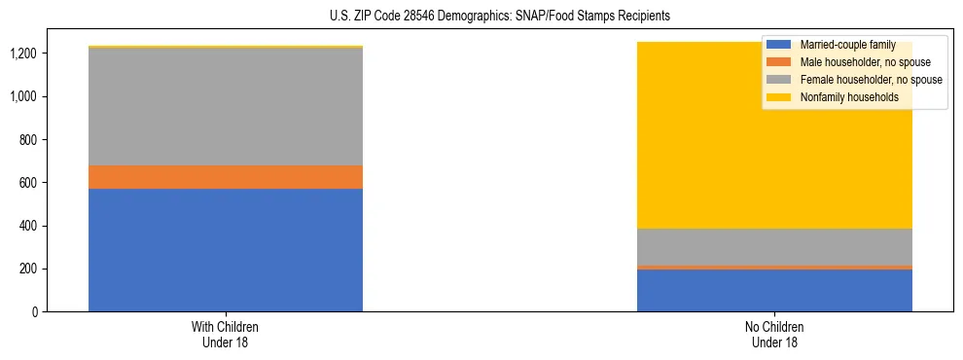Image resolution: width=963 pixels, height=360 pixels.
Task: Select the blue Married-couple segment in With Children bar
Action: click(226, 250)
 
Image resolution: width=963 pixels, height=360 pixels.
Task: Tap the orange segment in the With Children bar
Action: click(226, 177)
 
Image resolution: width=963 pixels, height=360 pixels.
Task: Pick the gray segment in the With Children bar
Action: click(226, 106)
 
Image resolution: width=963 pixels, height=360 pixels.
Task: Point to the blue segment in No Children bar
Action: click(774, 290)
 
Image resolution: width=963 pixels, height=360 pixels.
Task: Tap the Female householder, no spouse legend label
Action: click(870, 80)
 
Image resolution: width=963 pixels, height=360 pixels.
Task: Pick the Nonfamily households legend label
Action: click(849, 97)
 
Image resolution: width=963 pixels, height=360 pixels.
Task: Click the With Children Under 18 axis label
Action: click(226, 334)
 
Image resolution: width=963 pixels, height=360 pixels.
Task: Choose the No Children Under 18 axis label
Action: click(774, 334)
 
